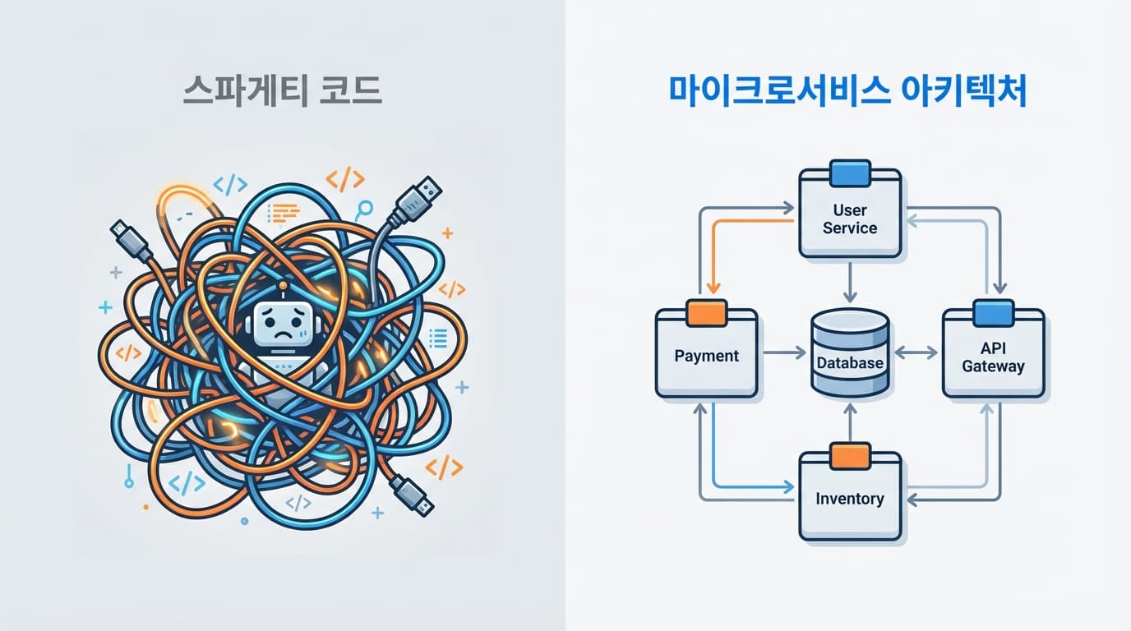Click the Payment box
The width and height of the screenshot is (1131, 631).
pos(706,356)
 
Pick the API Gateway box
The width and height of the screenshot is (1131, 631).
pos(993,357)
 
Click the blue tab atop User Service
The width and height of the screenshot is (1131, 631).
pos(850,173)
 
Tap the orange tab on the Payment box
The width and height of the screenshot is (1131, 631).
pos(706,312)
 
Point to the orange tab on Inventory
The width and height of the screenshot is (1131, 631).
pos(850,456)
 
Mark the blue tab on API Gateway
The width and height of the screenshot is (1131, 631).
pos(993,313)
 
